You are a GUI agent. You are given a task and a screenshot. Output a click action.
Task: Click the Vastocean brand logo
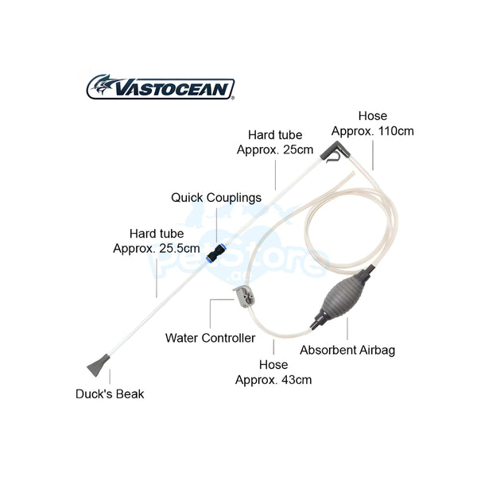[161, 87]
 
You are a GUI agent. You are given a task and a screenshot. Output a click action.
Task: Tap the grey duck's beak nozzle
[98, 365]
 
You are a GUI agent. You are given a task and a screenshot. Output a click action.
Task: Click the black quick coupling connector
[216, 253]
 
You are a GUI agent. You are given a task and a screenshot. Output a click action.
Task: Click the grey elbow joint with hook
[333, 151]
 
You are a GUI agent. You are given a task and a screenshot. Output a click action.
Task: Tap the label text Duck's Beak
[110, 394]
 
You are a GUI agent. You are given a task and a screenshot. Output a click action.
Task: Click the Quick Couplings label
[216, 198]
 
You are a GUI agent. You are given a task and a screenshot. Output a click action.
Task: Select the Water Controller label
[210, 338]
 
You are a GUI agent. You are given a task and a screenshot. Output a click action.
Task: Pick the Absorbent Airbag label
[347, 350]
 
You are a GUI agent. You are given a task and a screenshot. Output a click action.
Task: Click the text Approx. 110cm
[373, 131]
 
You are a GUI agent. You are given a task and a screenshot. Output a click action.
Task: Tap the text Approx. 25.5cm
[157, 249]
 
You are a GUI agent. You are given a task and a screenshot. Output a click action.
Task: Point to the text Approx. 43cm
[273, 380]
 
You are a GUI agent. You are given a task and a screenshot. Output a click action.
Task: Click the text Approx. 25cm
[275, 149]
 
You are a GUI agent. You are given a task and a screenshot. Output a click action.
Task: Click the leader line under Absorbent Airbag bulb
[347, 329]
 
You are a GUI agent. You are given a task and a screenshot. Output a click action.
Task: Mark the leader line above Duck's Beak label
[110, 376]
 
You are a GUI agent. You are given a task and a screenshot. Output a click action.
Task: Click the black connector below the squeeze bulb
[316, 321]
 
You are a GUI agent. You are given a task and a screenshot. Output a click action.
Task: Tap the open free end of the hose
[353, 173]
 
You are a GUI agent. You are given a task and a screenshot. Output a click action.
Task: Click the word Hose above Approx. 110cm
[373, 116]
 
